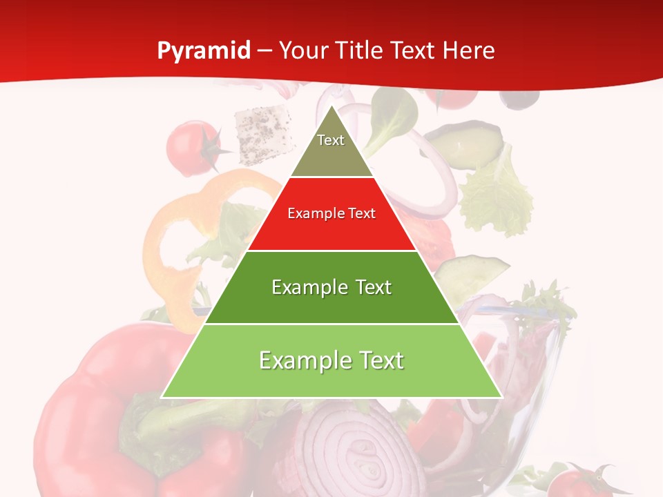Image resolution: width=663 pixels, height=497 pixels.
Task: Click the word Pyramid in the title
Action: coord(204,51)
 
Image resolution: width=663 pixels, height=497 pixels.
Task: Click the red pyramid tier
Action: coord(331,224)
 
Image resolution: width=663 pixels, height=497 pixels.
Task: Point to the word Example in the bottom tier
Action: coord(300,360)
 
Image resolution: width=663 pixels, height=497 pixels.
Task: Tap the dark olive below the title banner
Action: coord(519,99)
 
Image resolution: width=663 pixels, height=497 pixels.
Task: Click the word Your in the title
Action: coord(302,51)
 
